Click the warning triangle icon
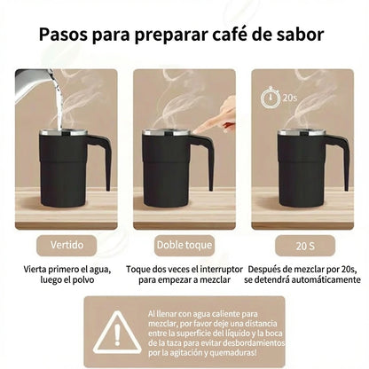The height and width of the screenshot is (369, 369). (118, 331)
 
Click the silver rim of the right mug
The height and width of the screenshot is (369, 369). (301, 133)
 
